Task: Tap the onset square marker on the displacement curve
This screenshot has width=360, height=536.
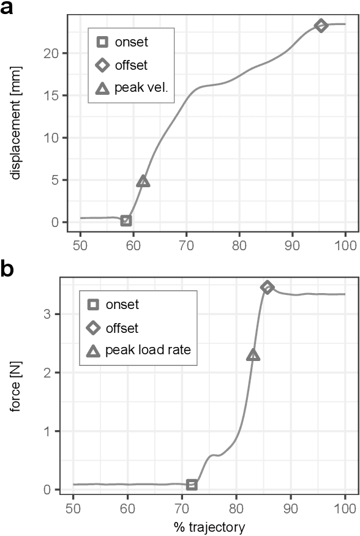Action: click(126, 220)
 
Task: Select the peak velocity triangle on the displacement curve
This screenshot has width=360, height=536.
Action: click(143, 181)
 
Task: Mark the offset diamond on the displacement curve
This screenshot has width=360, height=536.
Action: click(321, 25)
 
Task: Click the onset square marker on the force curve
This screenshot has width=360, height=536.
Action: click(192, 485)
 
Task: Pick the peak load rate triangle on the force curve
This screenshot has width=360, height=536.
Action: click(253, 355)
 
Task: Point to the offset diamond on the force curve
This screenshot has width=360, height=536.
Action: click(267, 287)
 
